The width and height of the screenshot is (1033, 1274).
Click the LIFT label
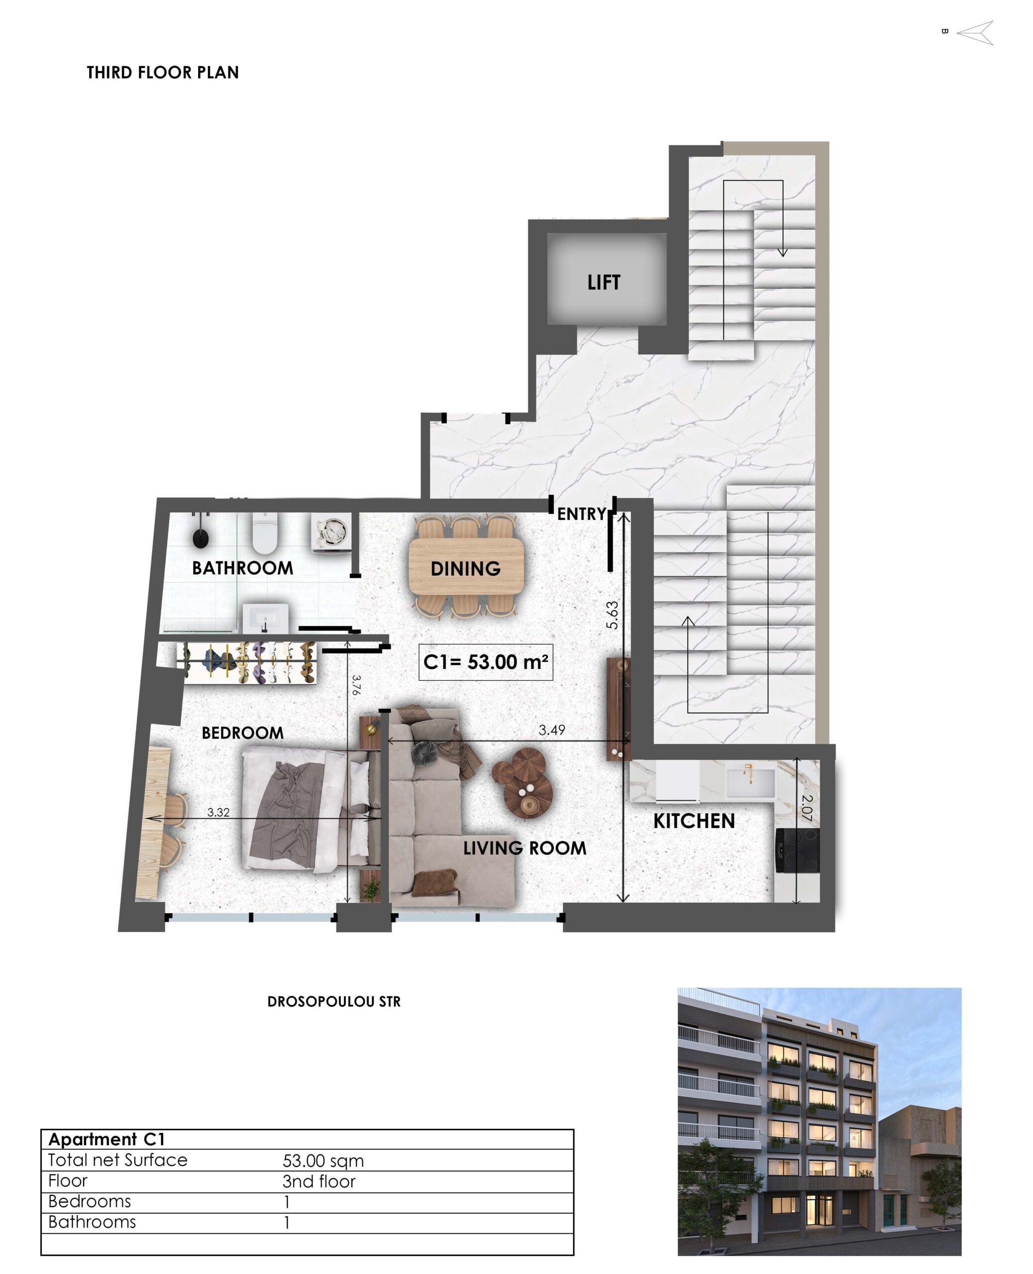[x=604, y=282]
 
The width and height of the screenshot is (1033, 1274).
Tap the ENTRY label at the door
[x=581, y=514]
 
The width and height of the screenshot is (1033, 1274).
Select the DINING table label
[x=465, y=569]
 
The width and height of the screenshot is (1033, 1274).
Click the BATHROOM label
[x=243, y=568]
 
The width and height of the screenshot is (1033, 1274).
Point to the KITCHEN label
[x=694, y=821]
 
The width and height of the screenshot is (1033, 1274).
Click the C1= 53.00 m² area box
[x=486, y=662]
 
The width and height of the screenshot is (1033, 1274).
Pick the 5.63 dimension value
[x=613, y=615]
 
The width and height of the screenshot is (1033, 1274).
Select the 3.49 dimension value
[x=552, y=730]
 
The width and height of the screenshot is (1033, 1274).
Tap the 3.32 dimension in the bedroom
[x=218, y=812]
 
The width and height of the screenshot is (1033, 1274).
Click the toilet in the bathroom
[x=265, y=532]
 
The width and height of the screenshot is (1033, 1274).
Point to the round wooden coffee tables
[x=522, y=782]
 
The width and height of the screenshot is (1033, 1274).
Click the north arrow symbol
[x=975, y=33]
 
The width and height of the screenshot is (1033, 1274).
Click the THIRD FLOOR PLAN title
[x=162, y=73]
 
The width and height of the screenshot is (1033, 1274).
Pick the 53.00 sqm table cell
[x=323, y=1161]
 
